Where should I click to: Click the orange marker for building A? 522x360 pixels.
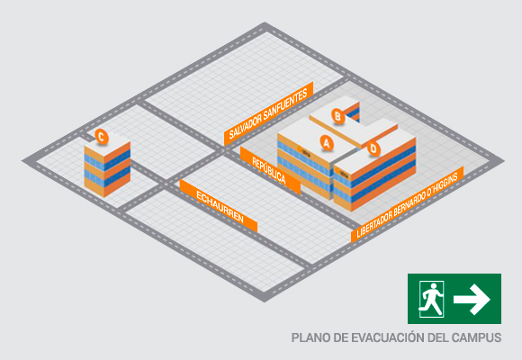point(327,142)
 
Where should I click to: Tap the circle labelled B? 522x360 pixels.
point(337,116)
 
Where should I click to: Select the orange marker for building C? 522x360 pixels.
point(102,137)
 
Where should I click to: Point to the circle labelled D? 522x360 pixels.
point(373,148)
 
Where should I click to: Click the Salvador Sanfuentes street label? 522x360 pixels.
point(268,113)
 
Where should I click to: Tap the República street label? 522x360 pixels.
point(270,170)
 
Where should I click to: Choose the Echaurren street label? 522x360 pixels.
point(219,206)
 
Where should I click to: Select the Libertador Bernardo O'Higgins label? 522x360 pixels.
point(407,205)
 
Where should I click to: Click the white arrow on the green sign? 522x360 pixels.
point(472,299)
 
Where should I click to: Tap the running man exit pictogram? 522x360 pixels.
point(431,299)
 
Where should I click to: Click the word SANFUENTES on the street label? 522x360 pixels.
point(285,104)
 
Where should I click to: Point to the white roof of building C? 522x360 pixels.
point(107,143)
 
